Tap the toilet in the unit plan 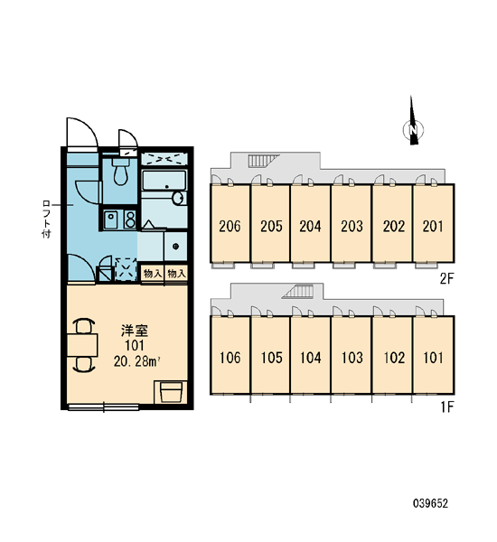click(x=120, y=172)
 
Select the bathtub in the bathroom click(x=164, y=180)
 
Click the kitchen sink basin click(x=111, y=220)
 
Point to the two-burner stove click(x=130, y=220)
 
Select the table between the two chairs click(x=82, y=345)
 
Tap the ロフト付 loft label click(x=46, y=219)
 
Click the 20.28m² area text click(x=136, y=361)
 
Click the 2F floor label click(x=446, y=278)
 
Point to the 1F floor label click(x=447, y=407)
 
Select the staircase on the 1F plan click(x=298, y=291)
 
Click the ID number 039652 click(x=431, y=503)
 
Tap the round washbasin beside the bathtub click(x=178, y=198)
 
